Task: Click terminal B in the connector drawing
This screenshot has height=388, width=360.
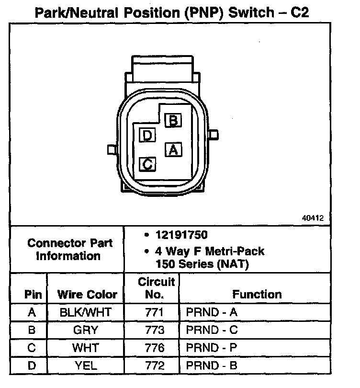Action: pos(173,120)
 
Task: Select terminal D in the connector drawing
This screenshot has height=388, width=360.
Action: pos(147,136)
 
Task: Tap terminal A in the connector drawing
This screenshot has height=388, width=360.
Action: pos(173,150)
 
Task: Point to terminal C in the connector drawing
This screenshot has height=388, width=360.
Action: pos(147,164)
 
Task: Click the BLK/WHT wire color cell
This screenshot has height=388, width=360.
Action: pos(86,313)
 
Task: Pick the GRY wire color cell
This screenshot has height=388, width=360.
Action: pos(86,331)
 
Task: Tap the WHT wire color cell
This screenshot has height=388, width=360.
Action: pos(86,348)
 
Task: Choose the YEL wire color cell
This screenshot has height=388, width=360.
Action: pos(86,366)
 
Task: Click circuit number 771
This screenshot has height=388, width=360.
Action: pos(154,313)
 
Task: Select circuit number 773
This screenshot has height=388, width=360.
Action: pos(154,331)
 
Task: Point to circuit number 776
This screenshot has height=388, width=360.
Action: pos(154,348)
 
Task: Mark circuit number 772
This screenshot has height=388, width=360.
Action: pos(154,366)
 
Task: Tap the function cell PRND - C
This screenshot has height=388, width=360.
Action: pos(212,331)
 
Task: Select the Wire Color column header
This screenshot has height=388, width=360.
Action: pos(87,294)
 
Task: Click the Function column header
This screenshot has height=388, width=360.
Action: pos(257,294)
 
